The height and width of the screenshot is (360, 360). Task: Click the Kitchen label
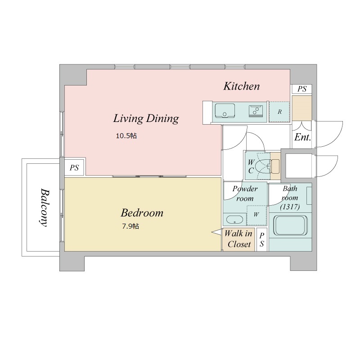pos(242,86)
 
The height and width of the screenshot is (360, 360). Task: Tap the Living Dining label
pos(146,119)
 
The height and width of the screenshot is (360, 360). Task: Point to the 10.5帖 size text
pos(126,136)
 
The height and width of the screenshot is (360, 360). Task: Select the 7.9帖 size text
pos(130,226)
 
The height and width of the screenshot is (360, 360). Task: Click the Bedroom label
pos(142,213)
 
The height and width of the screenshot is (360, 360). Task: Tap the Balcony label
pos(44,207)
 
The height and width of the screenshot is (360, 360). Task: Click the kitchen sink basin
pos(225,110)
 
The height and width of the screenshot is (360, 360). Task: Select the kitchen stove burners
pos(256,111)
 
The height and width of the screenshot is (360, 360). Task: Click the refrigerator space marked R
pos(279,112)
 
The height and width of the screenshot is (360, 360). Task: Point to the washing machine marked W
pos(256,215)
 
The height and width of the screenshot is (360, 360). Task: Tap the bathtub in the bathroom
pos(290,225)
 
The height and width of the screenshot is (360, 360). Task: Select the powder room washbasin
pos(234,220)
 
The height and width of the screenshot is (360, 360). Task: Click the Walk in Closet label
pos(238,239)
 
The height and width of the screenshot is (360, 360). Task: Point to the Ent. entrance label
pos(302,137)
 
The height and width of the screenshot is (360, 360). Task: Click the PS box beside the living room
pos(74,167)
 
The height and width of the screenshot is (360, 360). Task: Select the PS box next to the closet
pos(262,240)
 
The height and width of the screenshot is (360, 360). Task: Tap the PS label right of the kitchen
pos(302,89)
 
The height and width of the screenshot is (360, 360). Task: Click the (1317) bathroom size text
pos(290,207)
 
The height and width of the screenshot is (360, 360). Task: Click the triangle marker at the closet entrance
pos(217,232)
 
